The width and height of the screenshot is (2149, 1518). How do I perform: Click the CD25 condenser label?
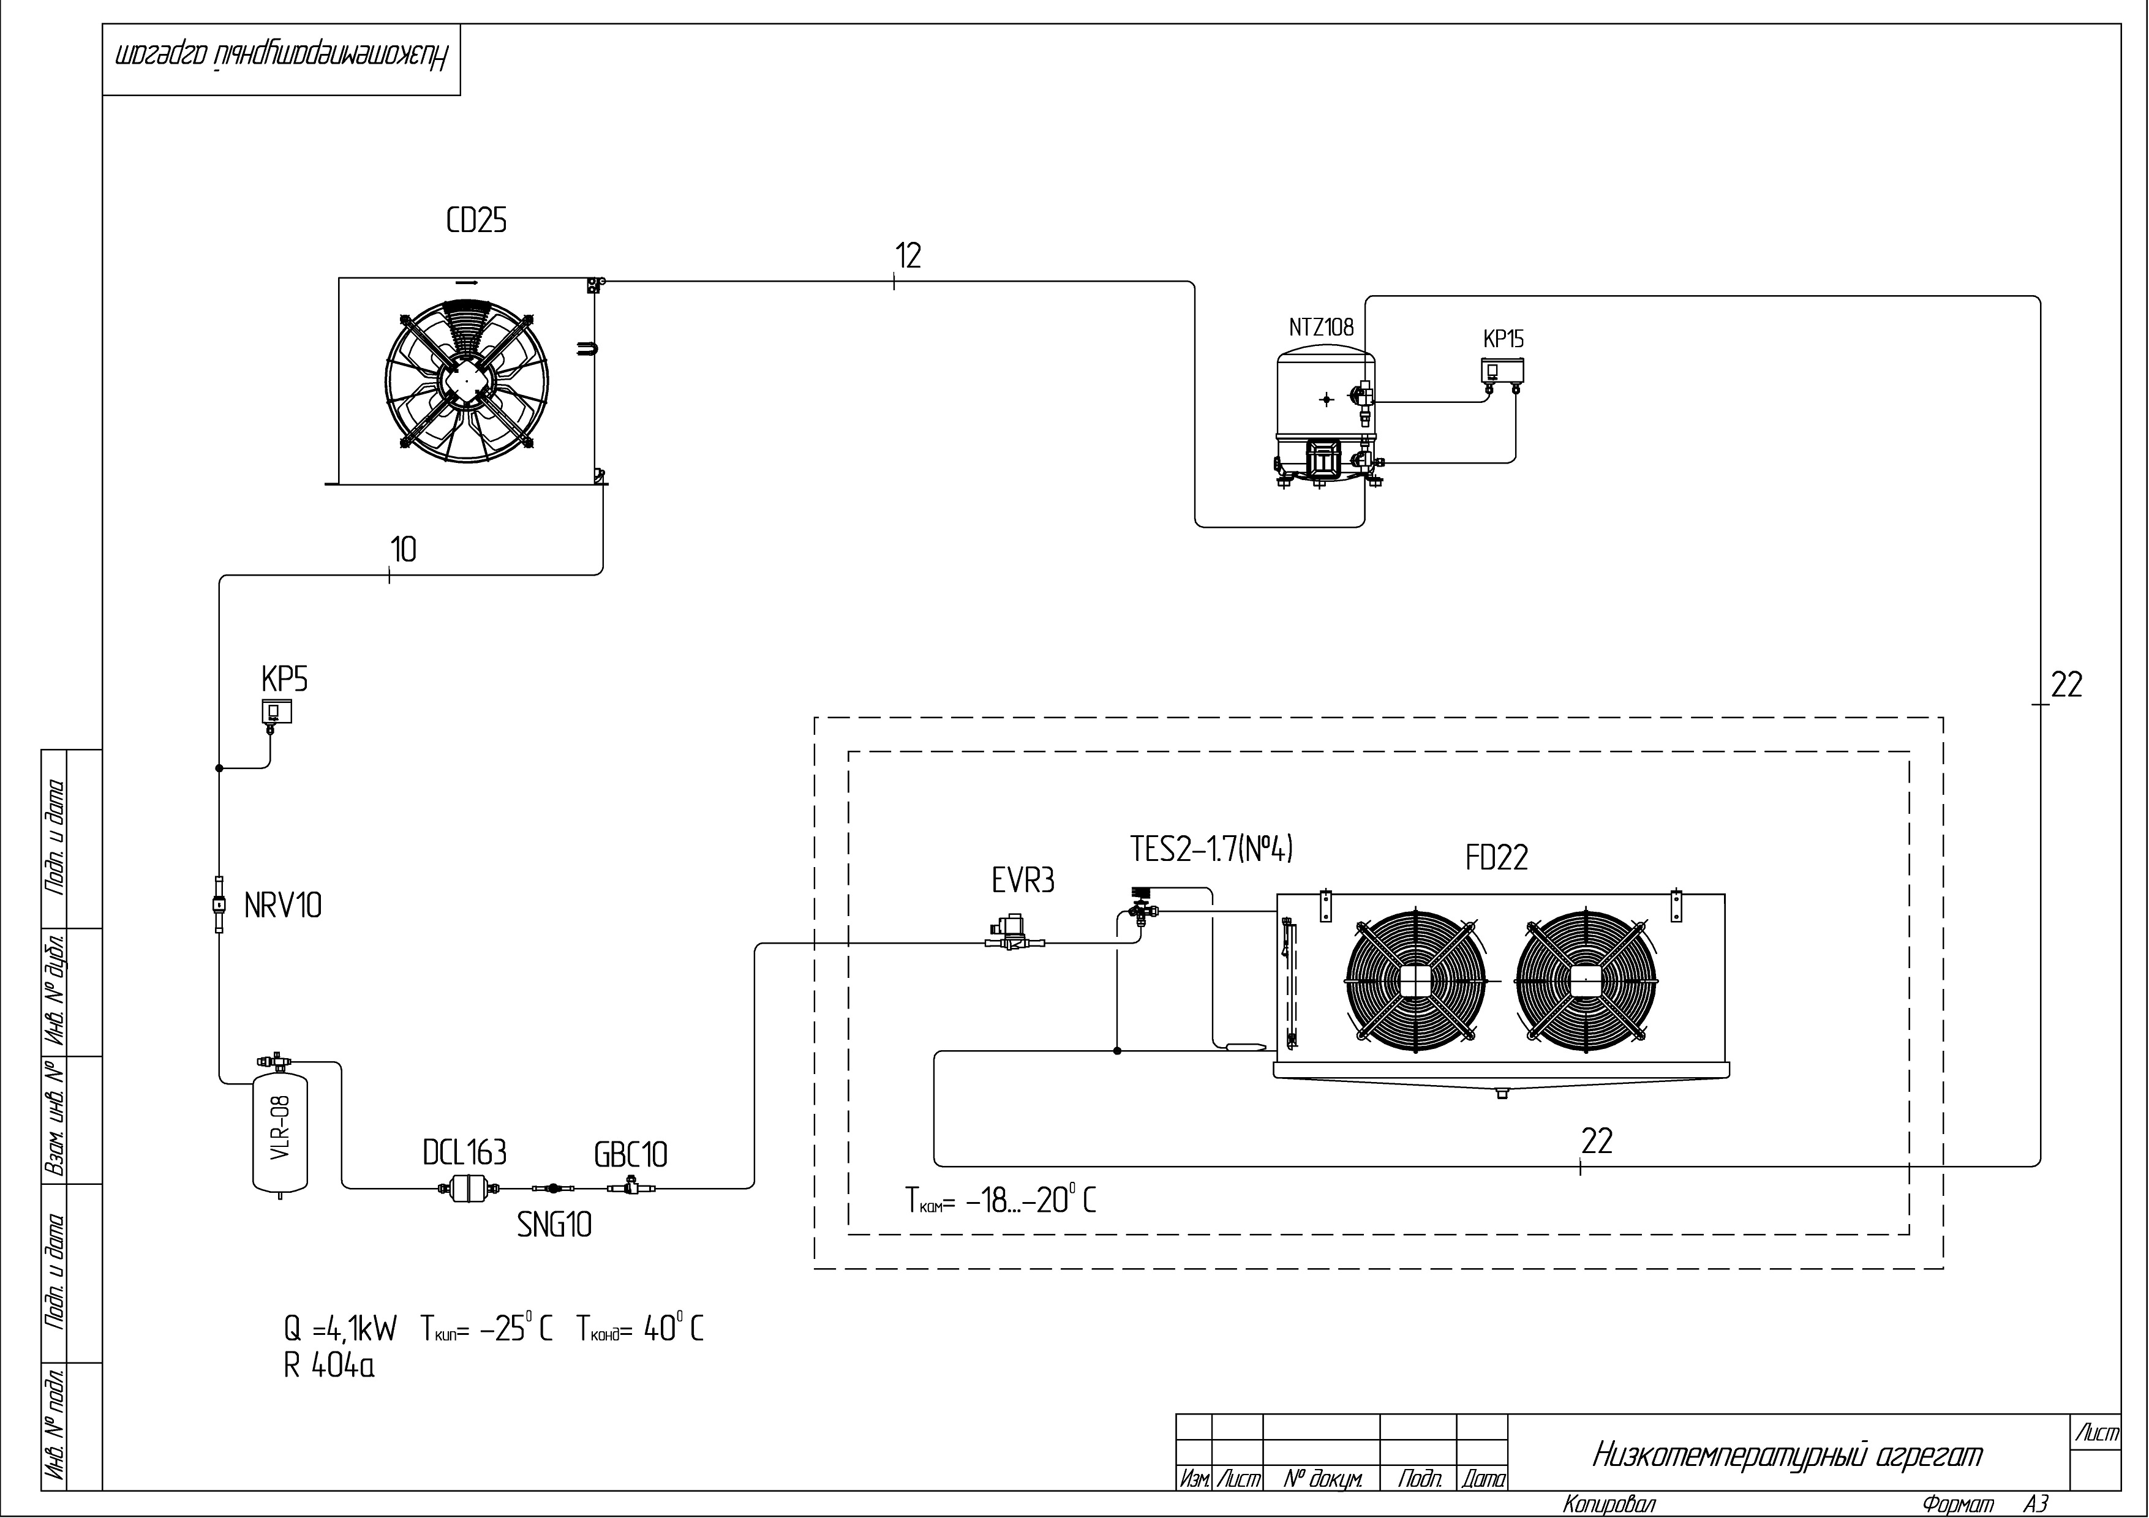[x=476, y=221]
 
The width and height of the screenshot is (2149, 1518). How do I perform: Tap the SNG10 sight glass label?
[x=554, y=1225]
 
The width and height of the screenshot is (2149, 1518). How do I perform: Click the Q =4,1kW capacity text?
[x=341, y=1328]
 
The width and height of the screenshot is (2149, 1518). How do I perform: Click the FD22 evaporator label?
[x=1497, y=857]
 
